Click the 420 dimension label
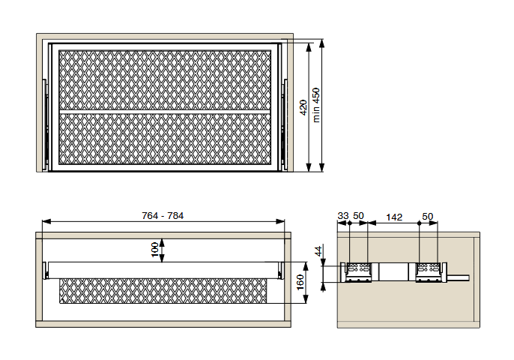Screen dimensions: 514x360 point(303,107)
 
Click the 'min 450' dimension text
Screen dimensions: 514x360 point(316,105)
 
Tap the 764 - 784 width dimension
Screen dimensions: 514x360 point(163,215)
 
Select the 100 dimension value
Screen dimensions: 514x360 point(154,250)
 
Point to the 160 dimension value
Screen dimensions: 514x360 point(300,283)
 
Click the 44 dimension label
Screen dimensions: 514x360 point(318,251)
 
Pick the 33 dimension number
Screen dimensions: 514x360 point(343,216)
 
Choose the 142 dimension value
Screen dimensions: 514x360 point(394,217)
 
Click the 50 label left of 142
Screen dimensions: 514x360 point(358,216)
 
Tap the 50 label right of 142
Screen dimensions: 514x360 point(427,217)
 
